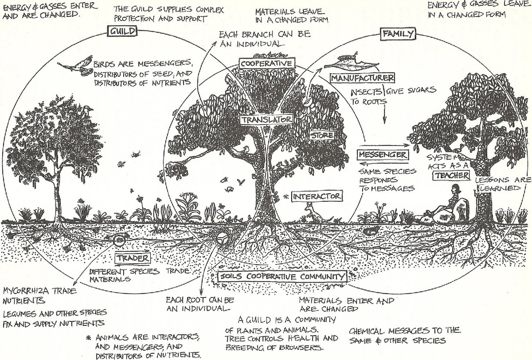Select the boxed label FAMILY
point(399,34)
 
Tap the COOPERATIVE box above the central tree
point(266,64)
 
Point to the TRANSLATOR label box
point(266,120)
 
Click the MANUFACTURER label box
point(363,78)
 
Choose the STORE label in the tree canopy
point(322,135)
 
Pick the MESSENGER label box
point(383,155)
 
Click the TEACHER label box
point(452,176)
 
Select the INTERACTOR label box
point(317,196)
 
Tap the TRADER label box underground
point(133,258)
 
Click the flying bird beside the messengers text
point(76,64)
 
